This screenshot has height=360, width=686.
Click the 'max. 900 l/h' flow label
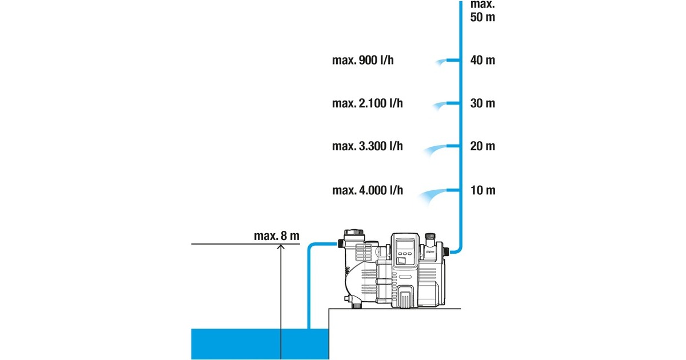pos(362,61)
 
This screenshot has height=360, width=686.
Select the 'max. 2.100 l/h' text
pos(367,103)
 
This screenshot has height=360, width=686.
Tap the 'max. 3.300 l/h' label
pos(367,146)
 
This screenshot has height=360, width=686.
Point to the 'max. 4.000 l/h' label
pos(367,190)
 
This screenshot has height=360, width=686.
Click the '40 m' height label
pos(482,61)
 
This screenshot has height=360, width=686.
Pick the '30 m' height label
pos(482,103)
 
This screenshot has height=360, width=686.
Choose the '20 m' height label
pos(482,146)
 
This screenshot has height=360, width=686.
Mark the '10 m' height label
pos(482,190)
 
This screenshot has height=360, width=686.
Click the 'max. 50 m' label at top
pos(482,10)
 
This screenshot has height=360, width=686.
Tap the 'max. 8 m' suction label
pos(277,235)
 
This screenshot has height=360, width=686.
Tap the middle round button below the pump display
pos(404,260)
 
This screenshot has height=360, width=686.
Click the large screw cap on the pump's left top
pos(353,235)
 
